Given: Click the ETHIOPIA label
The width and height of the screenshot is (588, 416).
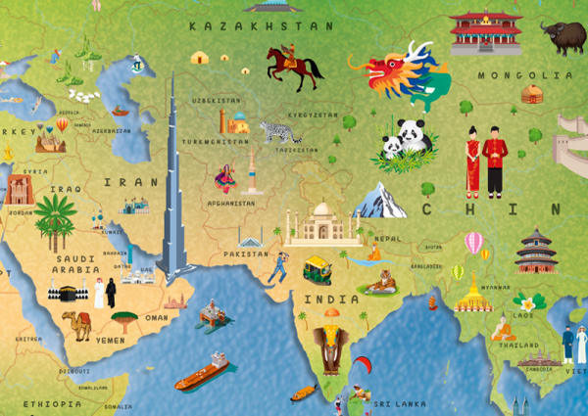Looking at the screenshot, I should click(53, 403).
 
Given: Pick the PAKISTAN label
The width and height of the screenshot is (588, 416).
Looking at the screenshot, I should click(245, 254).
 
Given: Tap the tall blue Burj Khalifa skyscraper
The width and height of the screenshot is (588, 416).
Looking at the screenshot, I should click(173, 186).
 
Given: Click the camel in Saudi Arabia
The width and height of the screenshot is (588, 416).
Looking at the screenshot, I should click(76, 323).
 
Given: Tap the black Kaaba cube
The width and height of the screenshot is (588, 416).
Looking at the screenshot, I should click(66, 293).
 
